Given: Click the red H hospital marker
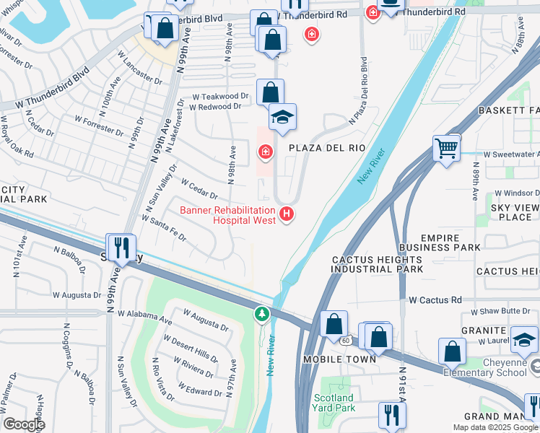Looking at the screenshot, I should [287, 214].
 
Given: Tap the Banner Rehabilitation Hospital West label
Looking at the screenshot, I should [227, 215].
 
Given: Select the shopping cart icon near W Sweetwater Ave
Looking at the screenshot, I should [447, 149].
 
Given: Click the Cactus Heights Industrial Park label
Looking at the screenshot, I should [376, 264].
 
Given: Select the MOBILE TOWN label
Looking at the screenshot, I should [339, 359].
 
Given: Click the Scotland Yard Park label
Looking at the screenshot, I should [334, 403].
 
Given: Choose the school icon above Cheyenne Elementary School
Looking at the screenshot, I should [524, 338].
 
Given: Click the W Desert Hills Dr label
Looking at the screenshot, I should [191, 347].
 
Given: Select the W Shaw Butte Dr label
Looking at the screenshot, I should [504, 312].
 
